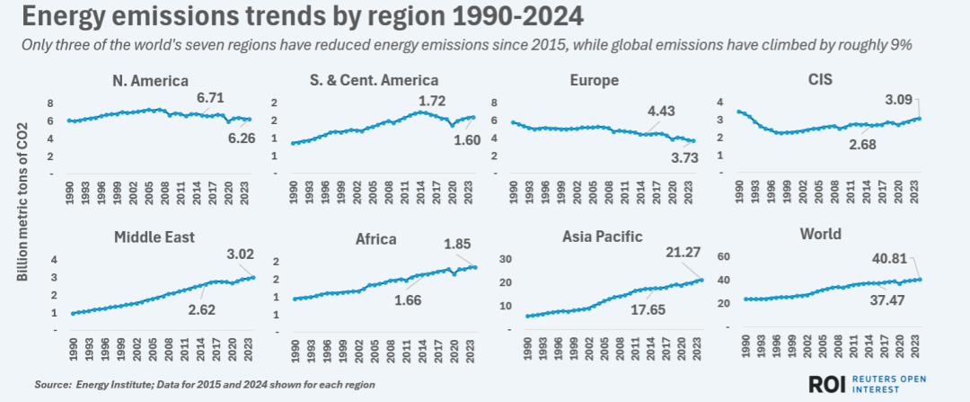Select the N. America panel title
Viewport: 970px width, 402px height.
coord(151,80)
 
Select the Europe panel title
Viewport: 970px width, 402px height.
coord(595,80)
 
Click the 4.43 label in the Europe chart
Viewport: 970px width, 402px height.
coord(661,112)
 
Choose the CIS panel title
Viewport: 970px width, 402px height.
coord(818,79)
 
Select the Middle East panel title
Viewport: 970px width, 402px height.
coord(150,237)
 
